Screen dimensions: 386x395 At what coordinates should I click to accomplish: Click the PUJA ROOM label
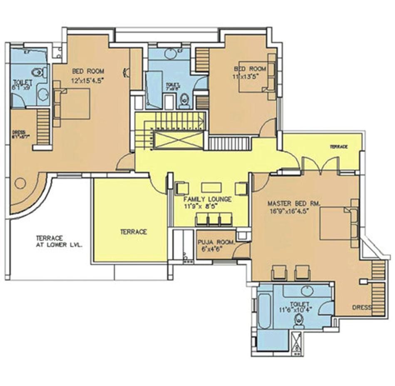(216, 242)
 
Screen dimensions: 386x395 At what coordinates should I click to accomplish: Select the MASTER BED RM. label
(293, 204)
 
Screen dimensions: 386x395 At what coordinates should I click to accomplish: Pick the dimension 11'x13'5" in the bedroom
(248, 77)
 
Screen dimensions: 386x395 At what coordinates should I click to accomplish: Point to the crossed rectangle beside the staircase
(177, 140)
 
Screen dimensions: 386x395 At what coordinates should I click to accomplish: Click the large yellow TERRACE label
(133, 232)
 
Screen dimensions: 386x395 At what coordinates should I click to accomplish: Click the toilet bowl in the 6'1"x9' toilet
(38, 72)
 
